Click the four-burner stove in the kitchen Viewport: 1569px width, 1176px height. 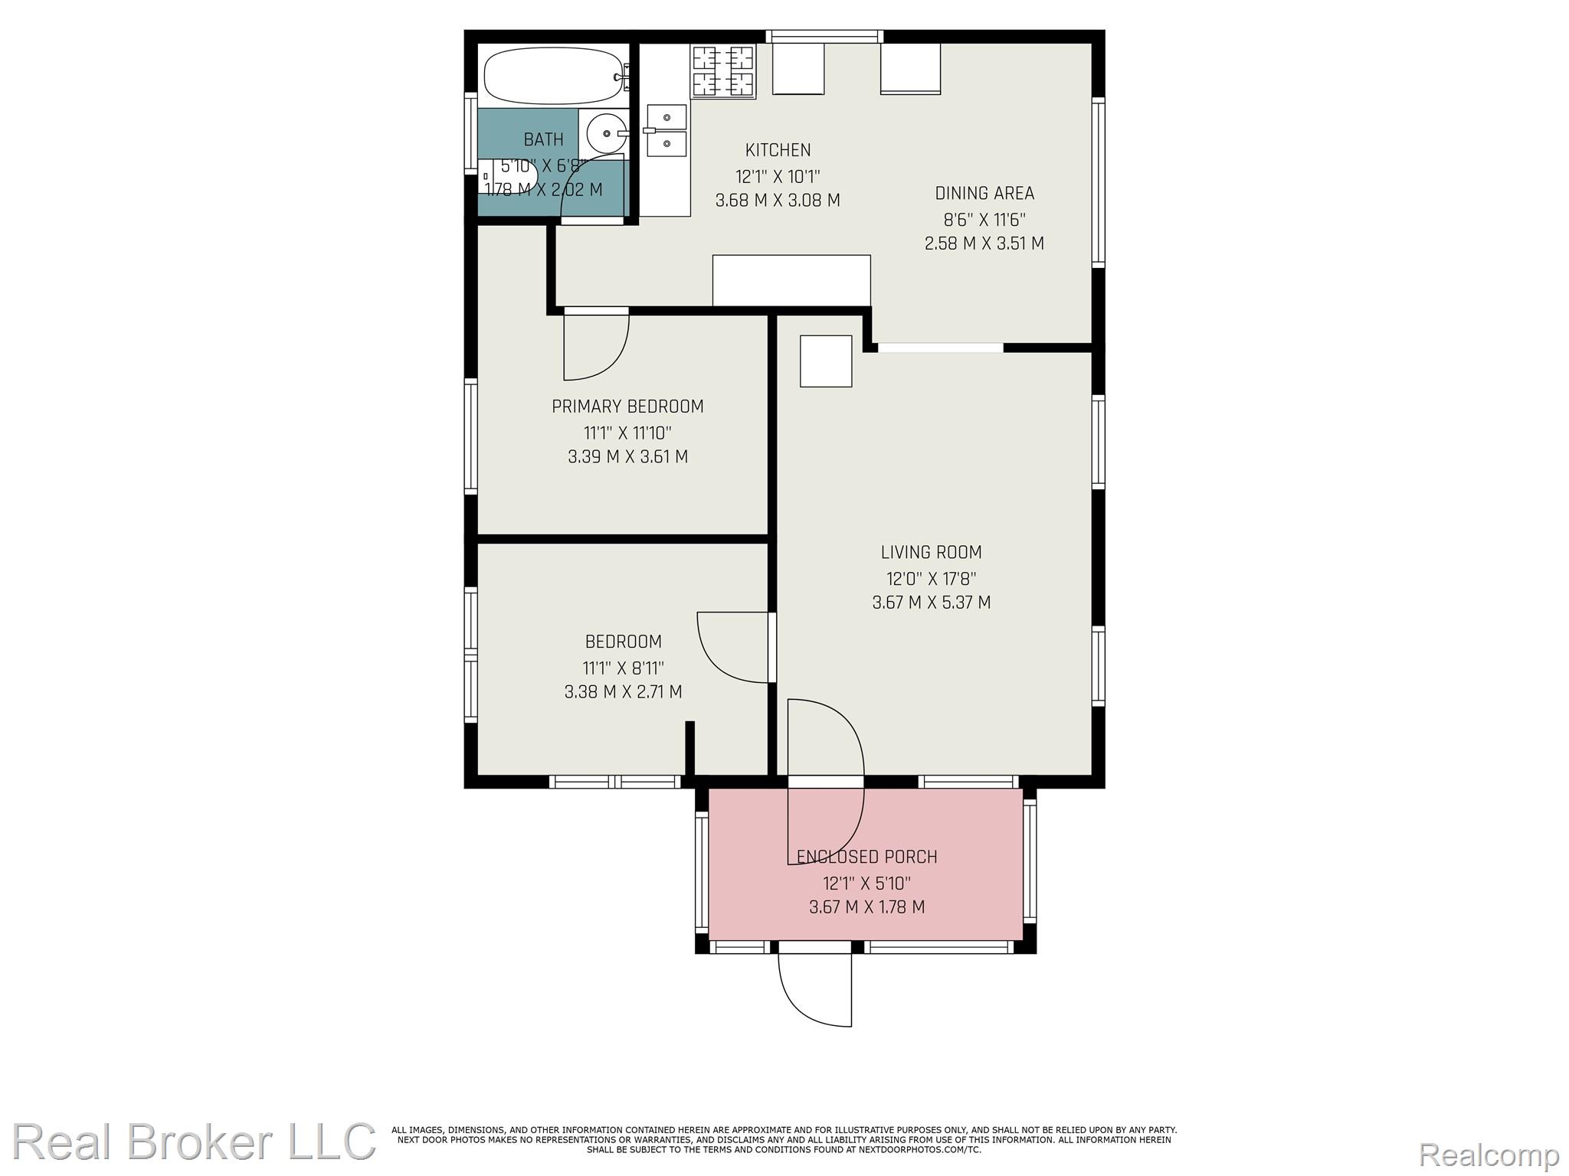tap(723, 71)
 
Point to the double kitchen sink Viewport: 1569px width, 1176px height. tap(665, 129)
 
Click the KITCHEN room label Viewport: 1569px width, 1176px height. tap(778, 150)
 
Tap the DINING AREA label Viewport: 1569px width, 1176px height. tap(984, 193)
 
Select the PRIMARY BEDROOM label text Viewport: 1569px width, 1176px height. tap(627, 407)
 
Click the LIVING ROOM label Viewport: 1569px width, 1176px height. tap(931, 552)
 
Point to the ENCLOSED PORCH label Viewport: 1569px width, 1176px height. tap(866, 857)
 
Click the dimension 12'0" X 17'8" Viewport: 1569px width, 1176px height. tap(931, 578)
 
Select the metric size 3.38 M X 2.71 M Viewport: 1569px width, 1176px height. tap(623, 692)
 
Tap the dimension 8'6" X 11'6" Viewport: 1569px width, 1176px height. tap(984, 220)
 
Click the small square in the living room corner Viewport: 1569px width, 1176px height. tap(826, 361)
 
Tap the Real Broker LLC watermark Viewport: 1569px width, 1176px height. tap(194, 1142)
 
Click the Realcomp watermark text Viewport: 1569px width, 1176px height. tap(1489, 1154)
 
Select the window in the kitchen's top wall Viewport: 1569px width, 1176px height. tap(824, 36)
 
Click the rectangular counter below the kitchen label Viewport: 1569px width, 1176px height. tap(791, 280)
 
